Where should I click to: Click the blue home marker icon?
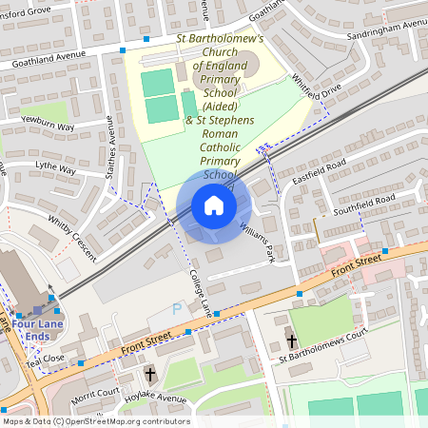click(x=214, y=205)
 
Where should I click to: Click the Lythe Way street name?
click(x=54, y=168)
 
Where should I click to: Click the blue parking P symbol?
click(x=176, y=310)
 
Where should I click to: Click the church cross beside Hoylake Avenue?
click(x=149, y=376)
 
